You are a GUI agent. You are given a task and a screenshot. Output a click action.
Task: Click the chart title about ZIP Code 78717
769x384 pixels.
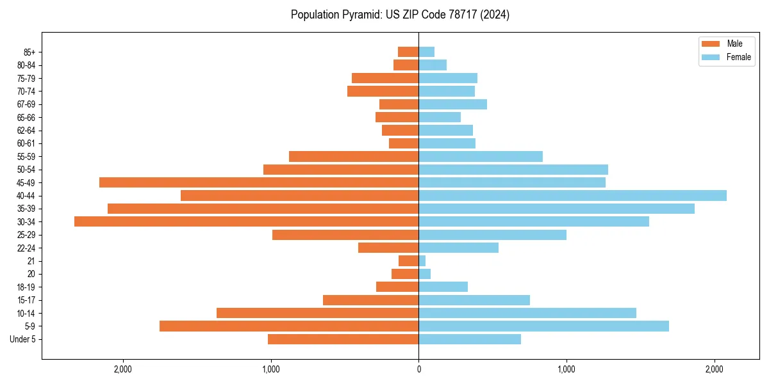[x=400, y=15]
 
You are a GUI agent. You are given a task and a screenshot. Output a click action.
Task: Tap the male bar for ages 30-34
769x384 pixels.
[x=247, y=221]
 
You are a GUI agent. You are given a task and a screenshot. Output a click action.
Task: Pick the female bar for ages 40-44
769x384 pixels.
[x=572, y=195]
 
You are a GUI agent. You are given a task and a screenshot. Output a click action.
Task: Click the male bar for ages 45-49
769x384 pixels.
[x=259, y=182]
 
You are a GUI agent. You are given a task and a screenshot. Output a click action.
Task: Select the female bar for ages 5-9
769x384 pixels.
[x=543, y=326]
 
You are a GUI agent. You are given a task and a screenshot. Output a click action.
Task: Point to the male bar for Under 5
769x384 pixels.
[x=343, y=339]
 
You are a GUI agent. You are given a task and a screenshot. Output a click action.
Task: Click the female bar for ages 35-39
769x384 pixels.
[x=556, y=209]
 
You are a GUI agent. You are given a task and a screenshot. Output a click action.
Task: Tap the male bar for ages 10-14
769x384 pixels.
[x=318, y=313]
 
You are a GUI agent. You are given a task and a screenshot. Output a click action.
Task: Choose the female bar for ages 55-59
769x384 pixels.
[x=481, y=156]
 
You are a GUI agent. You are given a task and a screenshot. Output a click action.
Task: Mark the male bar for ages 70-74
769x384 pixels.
[x=383, y=91]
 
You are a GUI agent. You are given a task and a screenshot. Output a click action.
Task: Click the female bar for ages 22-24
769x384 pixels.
[x=458, y=248]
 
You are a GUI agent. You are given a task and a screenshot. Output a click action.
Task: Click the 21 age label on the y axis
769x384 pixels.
[x=31, y=261]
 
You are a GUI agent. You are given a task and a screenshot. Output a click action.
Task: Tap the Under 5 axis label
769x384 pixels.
[x=22, y=339]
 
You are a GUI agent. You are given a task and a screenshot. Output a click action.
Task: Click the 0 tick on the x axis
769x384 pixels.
[x=418, y=369]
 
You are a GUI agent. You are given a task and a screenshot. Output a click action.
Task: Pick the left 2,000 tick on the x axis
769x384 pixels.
[x=122, y=369]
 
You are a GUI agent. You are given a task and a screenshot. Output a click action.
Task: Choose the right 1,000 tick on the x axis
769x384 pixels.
[x=566, y=369]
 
